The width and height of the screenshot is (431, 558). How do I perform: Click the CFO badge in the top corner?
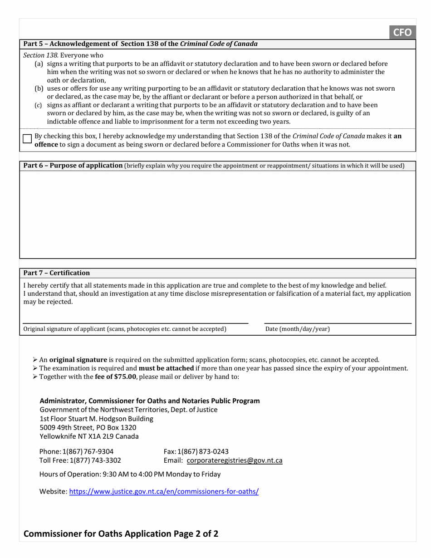click(402, 32)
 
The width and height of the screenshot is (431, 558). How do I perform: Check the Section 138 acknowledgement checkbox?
click(27, 139)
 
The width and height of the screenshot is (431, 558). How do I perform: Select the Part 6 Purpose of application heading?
click(73, 166)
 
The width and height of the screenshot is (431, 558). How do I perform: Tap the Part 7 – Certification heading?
click(57, 273)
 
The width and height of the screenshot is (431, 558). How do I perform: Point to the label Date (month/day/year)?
click(297, 329)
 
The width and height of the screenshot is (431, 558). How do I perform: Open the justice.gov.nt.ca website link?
click(164, 491)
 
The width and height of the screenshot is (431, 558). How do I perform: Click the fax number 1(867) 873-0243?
click(203, 451)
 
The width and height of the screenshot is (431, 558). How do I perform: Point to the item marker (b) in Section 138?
click(39, 88)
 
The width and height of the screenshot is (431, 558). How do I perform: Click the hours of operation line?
click(130, 474)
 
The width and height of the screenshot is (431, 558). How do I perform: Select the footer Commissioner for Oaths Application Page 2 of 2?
click(121, 534)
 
